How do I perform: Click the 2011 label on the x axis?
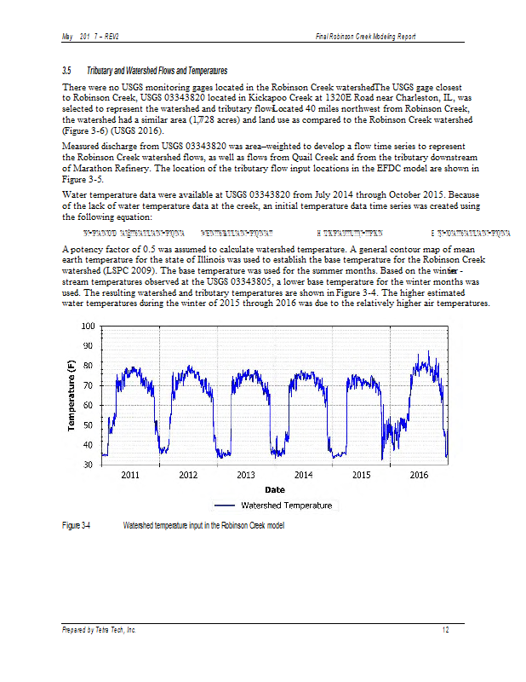(x=130, y=475)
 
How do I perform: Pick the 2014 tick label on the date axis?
(x=303, y=475)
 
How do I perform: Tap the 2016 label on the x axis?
(x=419, y=475)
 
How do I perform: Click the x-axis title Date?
(x=274, y=489)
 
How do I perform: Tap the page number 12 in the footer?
(x=445, y=630)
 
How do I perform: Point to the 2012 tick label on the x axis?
(x=188, y=475)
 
